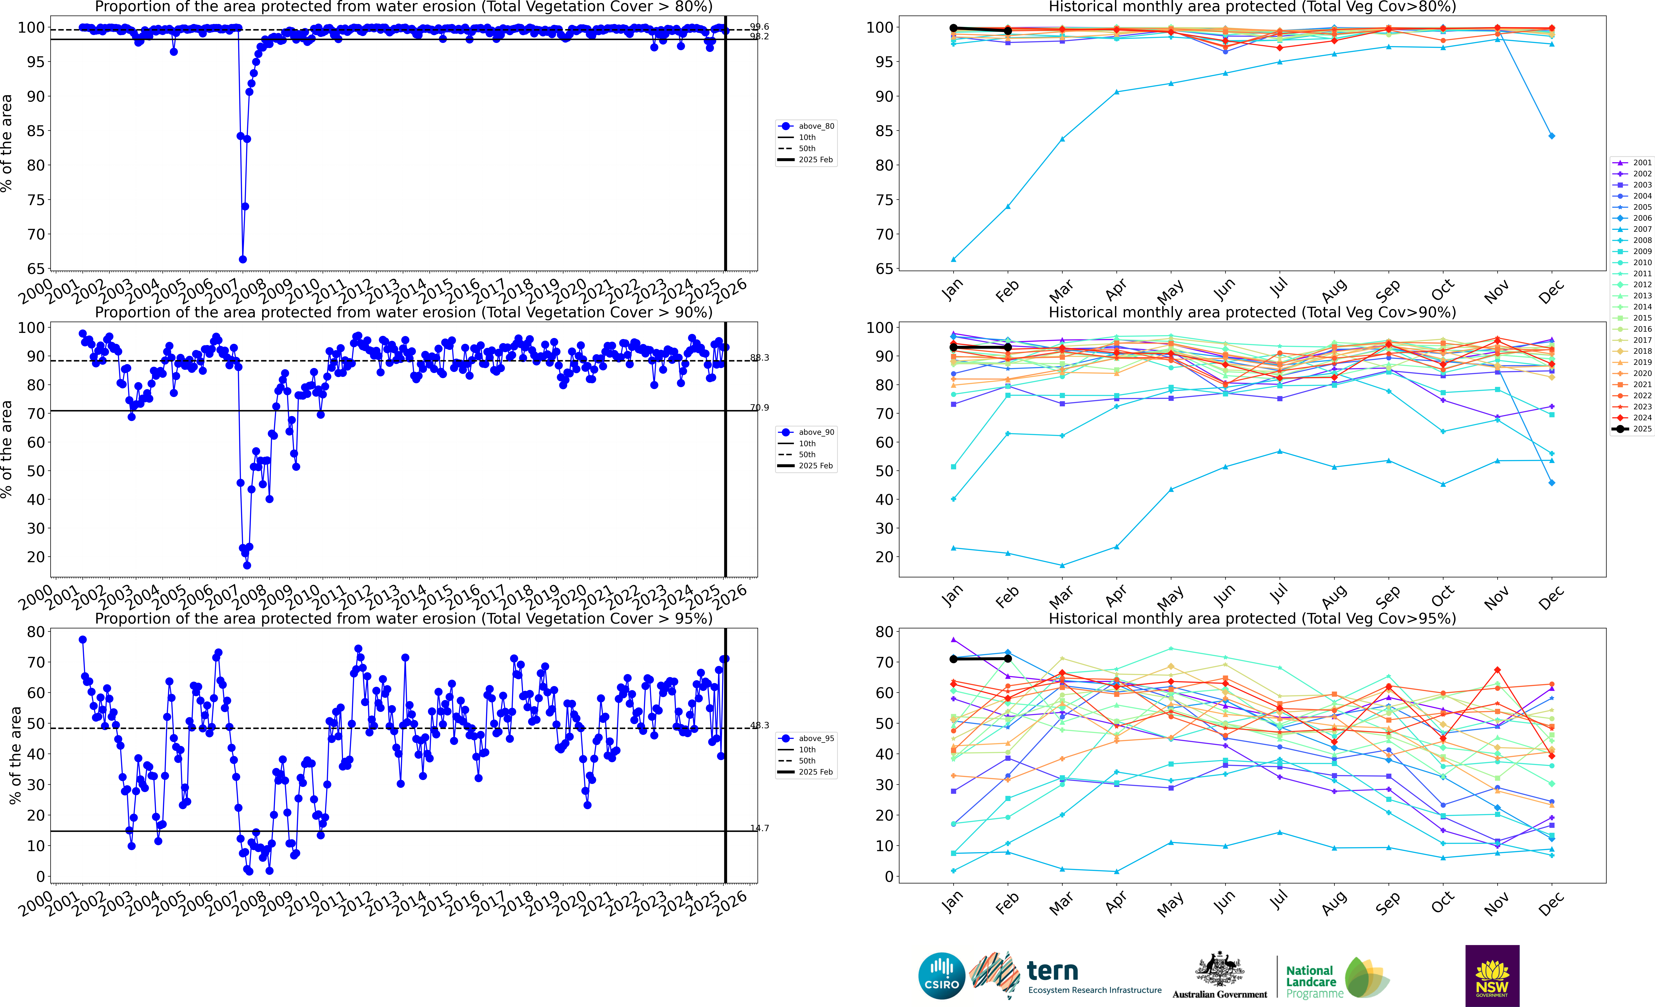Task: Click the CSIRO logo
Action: (942, 975)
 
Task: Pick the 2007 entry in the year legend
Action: (1632, 229)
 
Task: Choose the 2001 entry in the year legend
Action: (1632, 162)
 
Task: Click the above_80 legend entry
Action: (806, 126)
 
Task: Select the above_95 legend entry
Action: (806, 739)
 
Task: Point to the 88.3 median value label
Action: (760, 358)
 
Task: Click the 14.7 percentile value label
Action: (760, 828)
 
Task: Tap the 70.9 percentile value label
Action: (760, 408)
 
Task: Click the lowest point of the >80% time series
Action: (242, 259)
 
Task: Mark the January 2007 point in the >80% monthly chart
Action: (953, 259)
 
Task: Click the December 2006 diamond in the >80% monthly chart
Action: (1552, 136)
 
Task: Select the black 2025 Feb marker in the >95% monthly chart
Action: (1008, 659)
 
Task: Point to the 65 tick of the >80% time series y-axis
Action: (35, 268)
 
